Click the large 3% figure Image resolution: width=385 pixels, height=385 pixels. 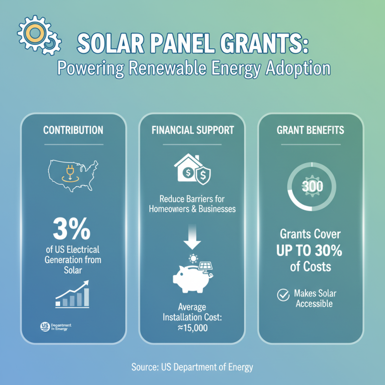point(72,231)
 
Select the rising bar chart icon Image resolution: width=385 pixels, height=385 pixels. point(72,295)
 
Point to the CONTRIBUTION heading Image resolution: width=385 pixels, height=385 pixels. point(73,130)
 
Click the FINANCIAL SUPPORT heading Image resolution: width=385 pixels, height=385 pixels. point(192,130)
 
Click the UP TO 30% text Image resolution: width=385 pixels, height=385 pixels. point(310,250)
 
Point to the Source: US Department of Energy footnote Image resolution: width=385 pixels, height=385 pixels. point(192,367)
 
